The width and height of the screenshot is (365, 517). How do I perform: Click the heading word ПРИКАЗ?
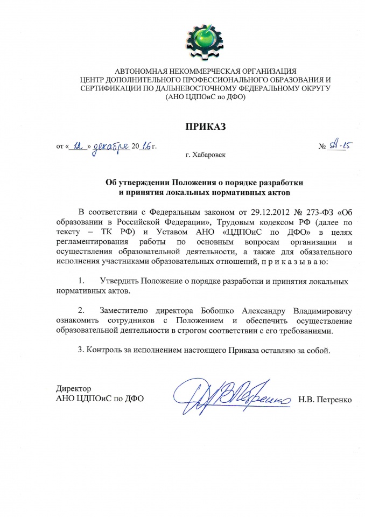click(203, 127)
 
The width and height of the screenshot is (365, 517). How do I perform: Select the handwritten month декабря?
click(110, 145)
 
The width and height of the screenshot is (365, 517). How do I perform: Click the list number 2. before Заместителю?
click(81, 311)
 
